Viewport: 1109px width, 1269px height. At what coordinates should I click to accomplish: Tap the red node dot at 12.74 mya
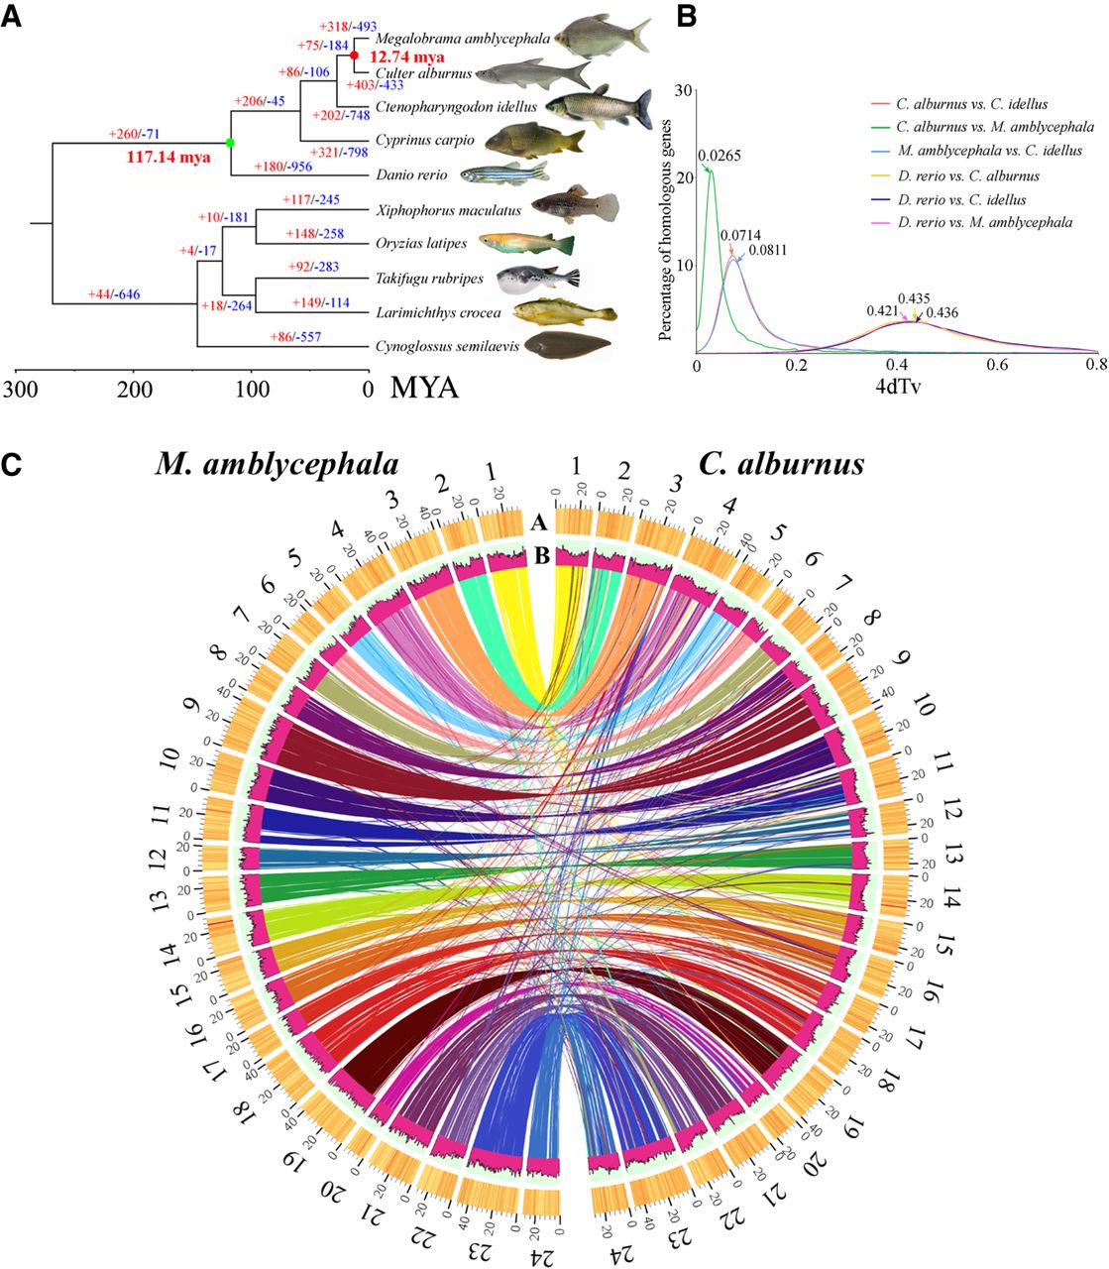pos(354,57)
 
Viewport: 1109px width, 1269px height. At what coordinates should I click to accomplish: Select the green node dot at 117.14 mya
pos(230,143)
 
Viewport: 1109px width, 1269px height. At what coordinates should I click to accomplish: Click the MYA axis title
pos(424,387)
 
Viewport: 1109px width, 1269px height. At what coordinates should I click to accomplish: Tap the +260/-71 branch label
pos(140,133)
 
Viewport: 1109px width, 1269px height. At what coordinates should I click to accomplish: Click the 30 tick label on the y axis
pos(682,90)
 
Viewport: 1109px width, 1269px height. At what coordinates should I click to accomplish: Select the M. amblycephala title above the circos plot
pos(277,464)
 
